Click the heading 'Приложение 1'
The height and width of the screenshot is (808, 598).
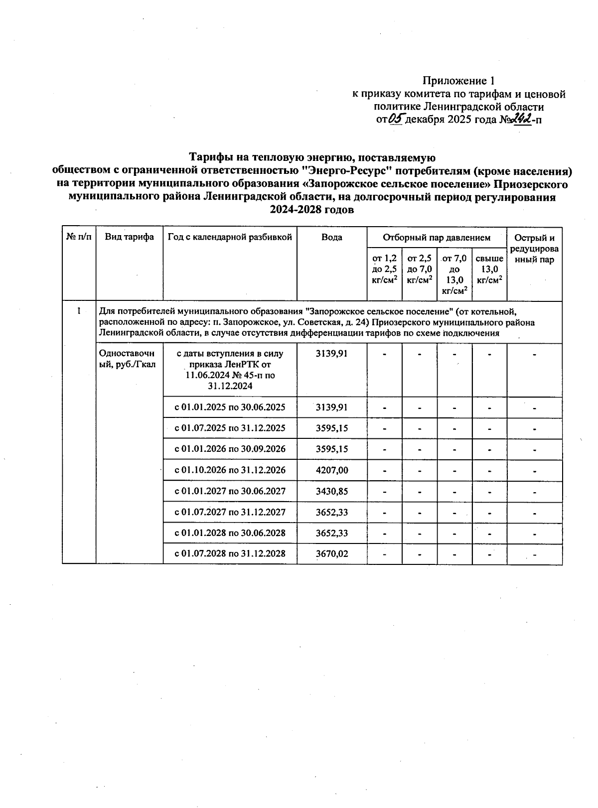coord(458,81)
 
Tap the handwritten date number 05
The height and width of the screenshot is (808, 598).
coord(397,119)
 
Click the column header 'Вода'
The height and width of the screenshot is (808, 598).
coord(331,238)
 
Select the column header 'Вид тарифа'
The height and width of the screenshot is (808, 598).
coord(129,238)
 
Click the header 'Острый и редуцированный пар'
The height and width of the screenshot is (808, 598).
coord(534,249)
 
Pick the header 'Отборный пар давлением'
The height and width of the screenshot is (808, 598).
coord(436,238)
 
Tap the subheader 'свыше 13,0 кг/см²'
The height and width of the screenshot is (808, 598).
coord(489,269)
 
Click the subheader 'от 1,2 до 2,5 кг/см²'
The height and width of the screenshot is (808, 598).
coord(384,269)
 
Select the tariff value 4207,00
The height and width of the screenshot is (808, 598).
coord(332,470)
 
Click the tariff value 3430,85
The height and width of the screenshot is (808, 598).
coord(332,491)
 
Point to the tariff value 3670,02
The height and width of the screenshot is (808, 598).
coord(332,554)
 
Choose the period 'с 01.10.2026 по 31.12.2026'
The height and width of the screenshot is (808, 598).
coord(230,470)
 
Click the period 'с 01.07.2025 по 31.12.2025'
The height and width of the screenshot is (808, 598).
coord(230,428)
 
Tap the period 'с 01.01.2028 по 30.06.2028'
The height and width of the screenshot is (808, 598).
coord(230,533)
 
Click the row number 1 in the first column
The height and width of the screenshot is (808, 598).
coord(79,312)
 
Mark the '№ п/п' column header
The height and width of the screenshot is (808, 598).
coord(79,238)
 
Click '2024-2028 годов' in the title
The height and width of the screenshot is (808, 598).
coord(311,210)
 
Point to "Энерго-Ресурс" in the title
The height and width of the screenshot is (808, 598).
coord(347,171)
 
